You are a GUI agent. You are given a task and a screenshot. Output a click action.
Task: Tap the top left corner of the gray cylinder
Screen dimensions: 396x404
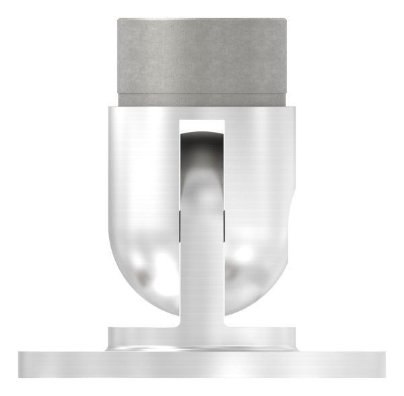[x=119, y=20]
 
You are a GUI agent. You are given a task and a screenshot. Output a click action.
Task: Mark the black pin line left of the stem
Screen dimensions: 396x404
[x=180, y=226]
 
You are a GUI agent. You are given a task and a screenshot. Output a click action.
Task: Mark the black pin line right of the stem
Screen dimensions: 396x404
[x=223, y=226]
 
